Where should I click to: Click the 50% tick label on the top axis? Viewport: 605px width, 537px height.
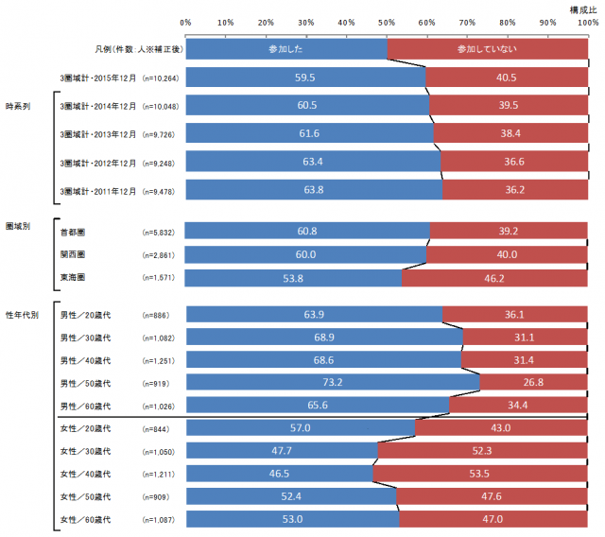point(387,22)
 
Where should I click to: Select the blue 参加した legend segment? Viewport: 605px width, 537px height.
point(285,46)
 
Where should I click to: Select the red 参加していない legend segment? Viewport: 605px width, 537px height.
point(487,46)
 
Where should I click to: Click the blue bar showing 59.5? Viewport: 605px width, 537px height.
point(305,76)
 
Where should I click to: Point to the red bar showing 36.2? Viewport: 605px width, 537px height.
point(514,189)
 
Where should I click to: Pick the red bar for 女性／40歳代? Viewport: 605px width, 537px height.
point(480,473)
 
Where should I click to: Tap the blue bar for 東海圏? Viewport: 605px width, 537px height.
point(293,278)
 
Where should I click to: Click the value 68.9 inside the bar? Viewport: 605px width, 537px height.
point(324,337)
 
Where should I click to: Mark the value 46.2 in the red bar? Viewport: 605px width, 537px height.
point(494,278)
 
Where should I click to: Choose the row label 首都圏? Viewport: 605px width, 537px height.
point(72,232)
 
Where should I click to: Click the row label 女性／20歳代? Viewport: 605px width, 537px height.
point(85,428)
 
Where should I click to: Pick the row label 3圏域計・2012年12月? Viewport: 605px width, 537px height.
point(97,163)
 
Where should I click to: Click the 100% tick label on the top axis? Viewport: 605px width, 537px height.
point(586,22)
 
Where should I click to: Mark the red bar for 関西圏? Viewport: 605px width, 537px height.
point(507,254)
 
